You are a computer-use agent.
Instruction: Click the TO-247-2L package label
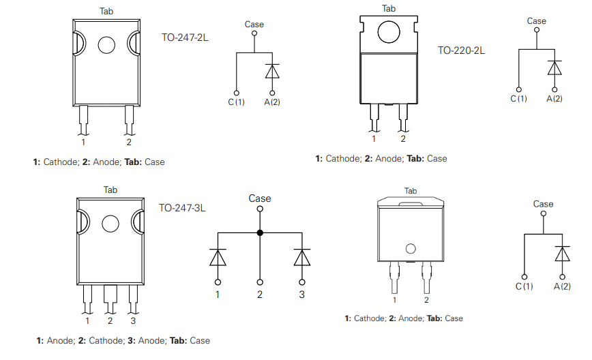[x=185, y=37]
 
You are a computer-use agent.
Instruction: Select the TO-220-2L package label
[x=461, y=50]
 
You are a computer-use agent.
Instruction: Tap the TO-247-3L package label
[x=182, y=208]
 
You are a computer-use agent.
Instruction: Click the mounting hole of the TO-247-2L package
[x=107, y=46]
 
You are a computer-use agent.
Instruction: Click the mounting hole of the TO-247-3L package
[x=110, y=224]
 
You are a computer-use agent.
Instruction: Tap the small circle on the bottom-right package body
[x=410, y=249]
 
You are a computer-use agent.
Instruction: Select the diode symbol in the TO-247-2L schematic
[x=272, y=72]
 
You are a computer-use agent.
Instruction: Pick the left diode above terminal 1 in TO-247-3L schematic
[x=218, y=258]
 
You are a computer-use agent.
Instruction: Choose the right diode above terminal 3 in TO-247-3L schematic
[x=301, y=258]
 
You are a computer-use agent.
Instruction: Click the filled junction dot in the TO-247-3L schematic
[x=260, y=232]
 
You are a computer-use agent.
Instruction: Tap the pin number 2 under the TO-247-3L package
[x=110, y=320]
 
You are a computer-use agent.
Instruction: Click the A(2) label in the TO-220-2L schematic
[x=554, y=99]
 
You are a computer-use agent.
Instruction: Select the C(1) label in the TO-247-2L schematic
[x=236, y=102]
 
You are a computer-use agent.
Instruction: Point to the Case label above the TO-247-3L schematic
[x=260, y=198]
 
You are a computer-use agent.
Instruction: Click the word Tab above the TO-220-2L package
[x=388, y=8]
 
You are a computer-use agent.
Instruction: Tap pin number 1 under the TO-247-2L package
[x=83, y=142]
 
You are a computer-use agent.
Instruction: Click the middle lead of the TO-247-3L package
[x=110, y=297]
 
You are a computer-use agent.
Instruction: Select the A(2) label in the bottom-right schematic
[x=562, y=286]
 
